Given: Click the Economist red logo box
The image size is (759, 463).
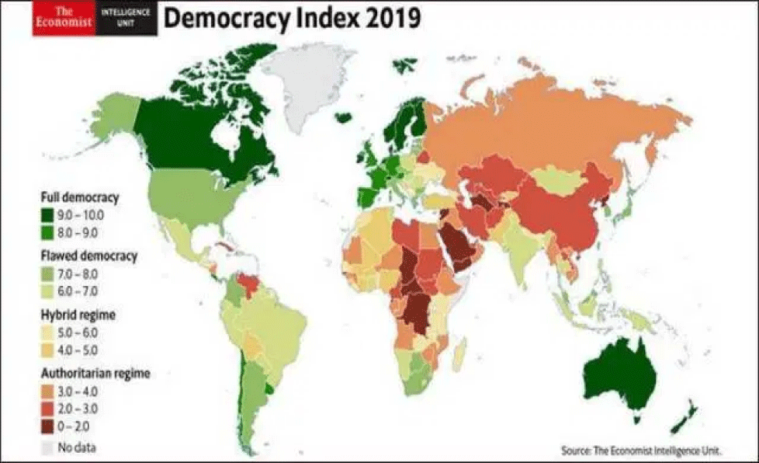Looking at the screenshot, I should coord(64,18).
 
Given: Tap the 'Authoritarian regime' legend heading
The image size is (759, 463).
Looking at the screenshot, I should coord(94,374).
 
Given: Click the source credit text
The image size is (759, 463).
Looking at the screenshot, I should coord(639,450).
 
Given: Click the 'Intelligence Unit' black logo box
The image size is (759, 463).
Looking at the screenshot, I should coord(128,18).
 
